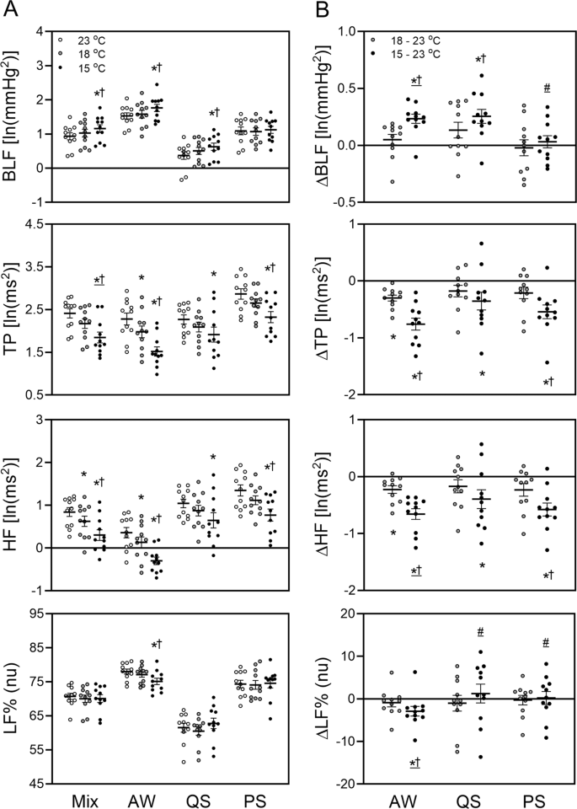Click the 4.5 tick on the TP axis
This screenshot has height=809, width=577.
(x=34, y=224)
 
